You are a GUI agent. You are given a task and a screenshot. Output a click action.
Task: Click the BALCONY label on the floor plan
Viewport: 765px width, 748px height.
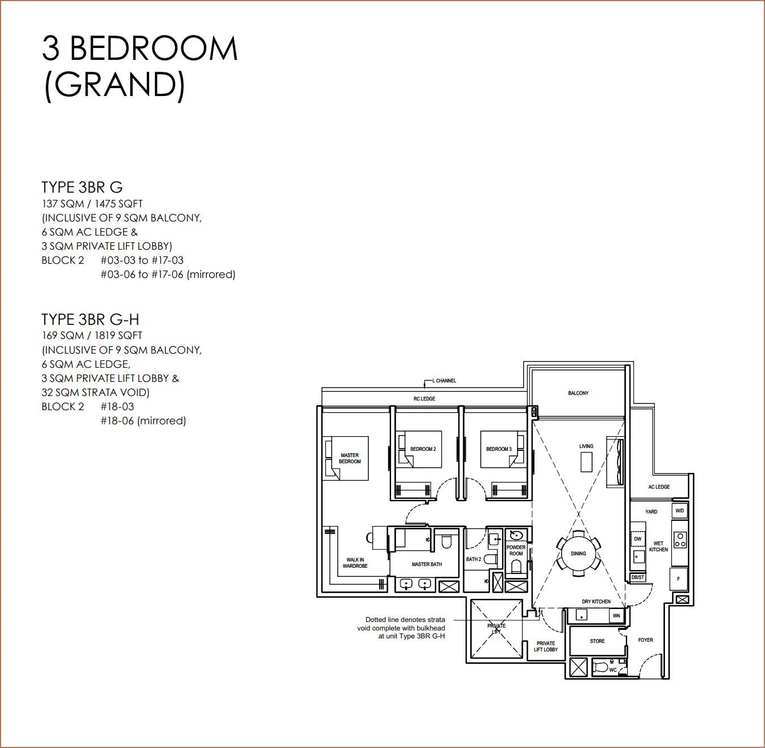[579, 393]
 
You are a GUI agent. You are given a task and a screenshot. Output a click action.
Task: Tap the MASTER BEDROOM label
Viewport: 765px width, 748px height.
[350, 458]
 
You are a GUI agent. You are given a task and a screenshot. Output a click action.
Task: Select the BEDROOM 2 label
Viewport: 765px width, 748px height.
[423, 449]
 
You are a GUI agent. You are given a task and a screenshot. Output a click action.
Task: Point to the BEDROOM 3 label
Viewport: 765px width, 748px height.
[499, 449]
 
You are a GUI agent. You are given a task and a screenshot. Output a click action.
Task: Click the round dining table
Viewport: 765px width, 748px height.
[579, 554]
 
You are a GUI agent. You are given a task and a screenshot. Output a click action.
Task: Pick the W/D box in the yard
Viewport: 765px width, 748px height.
[680, 511]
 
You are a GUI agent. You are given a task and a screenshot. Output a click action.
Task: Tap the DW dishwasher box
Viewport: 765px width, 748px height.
[638, 539]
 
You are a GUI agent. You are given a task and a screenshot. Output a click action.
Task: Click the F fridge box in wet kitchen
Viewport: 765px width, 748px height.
[679, 579]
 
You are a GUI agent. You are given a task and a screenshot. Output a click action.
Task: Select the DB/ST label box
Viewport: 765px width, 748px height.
[638, 577]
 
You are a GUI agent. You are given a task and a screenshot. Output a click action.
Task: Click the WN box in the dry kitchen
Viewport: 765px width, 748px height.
[616, 616]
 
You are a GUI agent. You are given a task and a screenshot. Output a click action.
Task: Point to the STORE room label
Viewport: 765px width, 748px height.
[597, 641]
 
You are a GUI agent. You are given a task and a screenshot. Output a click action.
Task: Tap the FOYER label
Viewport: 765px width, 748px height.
[645, 640]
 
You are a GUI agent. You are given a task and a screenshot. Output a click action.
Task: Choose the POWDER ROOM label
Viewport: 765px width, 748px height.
[516, 550]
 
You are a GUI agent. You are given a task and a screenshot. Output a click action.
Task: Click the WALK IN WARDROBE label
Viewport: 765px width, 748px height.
[355, 563]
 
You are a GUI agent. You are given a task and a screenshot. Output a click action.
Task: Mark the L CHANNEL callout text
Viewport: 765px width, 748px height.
[444, 381]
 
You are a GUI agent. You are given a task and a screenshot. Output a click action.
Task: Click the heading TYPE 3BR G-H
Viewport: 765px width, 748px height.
[90, 320]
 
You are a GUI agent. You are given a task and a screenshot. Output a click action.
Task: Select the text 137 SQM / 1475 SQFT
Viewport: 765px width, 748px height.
[92, 204]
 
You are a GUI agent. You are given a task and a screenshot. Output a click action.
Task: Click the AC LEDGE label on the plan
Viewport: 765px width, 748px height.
[659, 487]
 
